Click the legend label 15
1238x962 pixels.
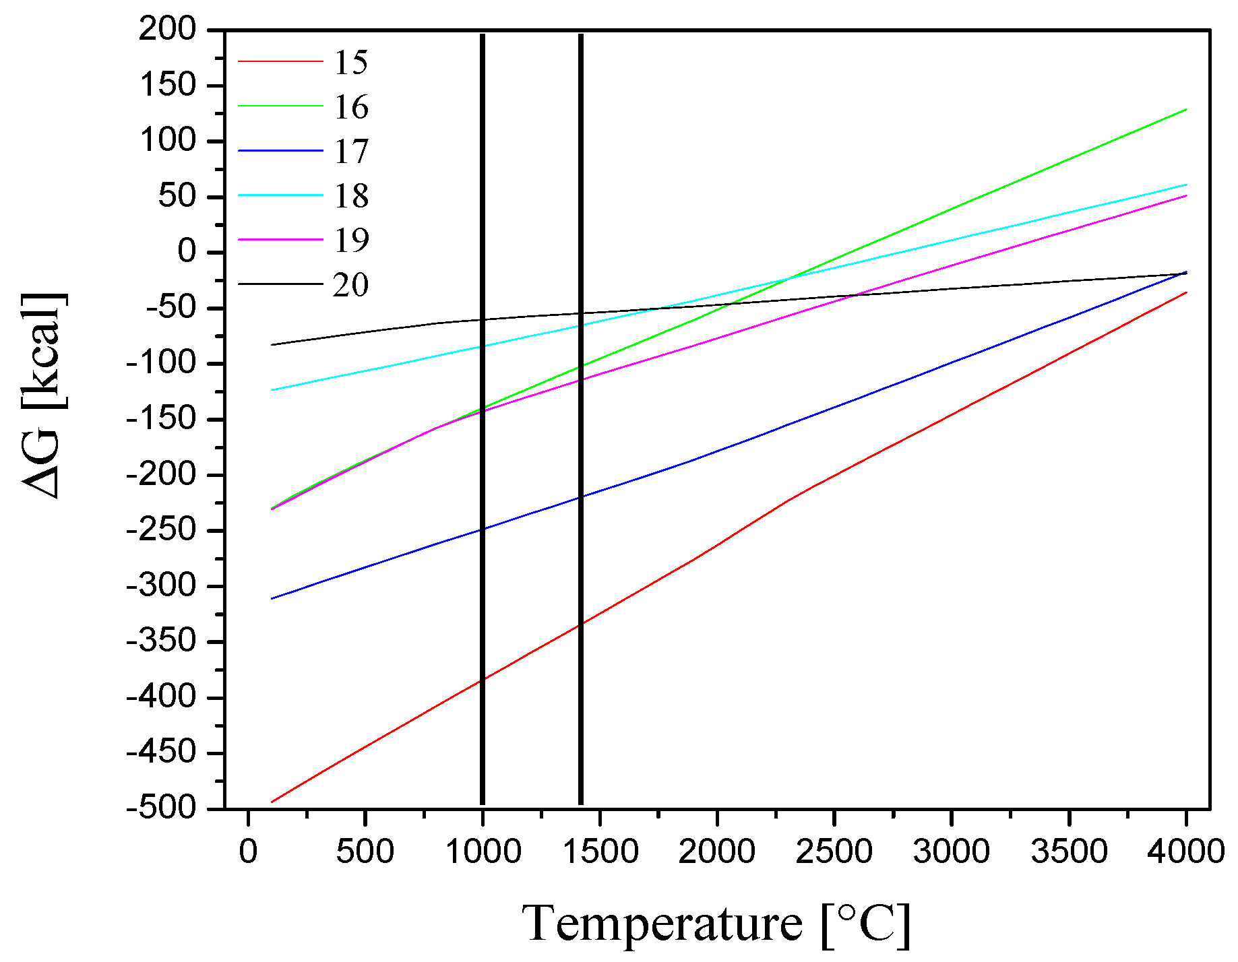coord(351,63)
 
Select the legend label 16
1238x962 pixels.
coord(351,107)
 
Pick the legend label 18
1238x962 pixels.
coord(351,196)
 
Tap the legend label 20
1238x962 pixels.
coord(351,285)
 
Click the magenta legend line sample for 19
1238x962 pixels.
coord(280,239)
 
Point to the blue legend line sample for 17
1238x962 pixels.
coord(280,150)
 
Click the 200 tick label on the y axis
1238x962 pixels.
coord(167,30)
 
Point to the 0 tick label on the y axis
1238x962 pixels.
coord(186,252)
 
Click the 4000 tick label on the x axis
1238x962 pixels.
coord(1186,852)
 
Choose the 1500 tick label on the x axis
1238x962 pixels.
coord(600,852)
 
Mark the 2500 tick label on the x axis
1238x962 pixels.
coord(834,852)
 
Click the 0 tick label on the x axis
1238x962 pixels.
coord(248,852)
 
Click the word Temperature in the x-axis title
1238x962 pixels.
coord(662,924)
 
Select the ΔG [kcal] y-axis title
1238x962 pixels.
coord(43,396)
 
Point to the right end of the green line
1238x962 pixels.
coord(1185,109)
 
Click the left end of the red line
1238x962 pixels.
coord(272,802)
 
